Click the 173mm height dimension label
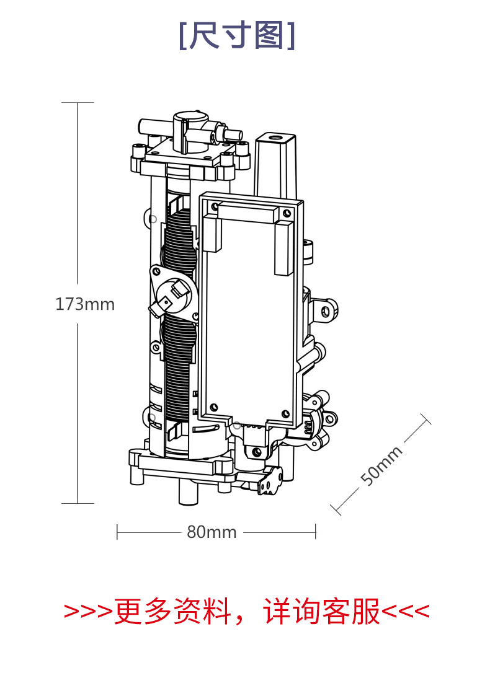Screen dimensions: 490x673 (85, 304)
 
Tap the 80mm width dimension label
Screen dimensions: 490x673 (212, 532)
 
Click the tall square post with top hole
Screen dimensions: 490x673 (275, 165)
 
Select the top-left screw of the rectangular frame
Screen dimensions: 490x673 (214, 208)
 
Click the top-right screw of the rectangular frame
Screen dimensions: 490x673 (287, 213)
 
